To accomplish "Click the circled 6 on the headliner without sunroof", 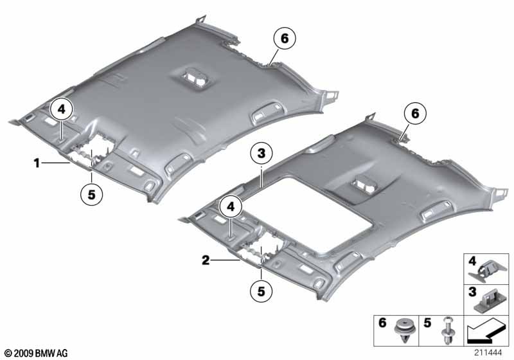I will click(x=284, y=39).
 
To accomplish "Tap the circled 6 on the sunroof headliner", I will click(x=414, y=114).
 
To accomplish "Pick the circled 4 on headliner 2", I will click(x=230, y=206).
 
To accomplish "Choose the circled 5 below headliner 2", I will click(x=260, y=292).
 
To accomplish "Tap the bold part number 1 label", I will click(x=37, y=164).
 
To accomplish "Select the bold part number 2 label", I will click(x=204, y=260).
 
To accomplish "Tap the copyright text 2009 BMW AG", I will click(x=35, y=353).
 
